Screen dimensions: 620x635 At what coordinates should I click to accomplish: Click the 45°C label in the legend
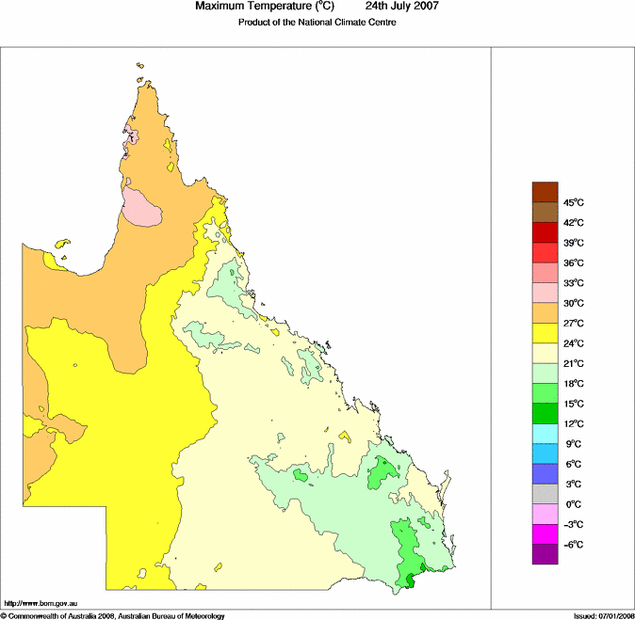(574, 203)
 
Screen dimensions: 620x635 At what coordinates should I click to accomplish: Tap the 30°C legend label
(574, 304)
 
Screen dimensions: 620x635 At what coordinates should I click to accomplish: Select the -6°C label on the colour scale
(573, 545)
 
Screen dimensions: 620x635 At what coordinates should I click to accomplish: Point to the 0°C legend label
(571, 505)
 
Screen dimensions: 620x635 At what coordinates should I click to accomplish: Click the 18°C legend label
(574, 385)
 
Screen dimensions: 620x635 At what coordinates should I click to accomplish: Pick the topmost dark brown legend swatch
(545, 192)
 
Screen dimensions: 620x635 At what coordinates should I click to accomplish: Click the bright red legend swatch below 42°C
(545, 232)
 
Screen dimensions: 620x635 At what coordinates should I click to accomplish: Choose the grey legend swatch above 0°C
(545, 494)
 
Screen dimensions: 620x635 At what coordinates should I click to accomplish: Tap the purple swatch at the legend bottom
(545, 554)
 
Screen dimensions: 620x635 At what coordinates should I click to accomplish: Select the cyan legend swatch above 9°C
(545, 434)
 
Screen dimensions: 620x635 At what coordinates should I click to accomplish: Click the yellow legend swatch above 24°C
(545, 333)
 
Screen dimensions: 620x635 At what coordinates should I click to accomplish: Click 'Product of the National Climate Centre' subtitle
(317, 23)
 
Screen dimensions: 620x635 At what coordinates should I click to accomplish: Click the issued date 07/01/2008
(612, 615)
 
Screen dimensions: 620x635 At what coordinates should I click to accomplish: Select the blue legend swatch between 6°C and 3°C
(545, 474)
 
